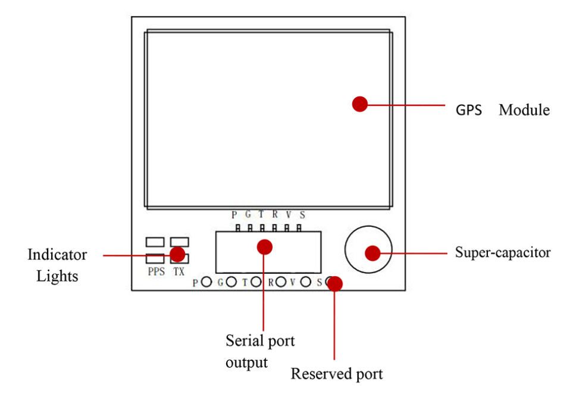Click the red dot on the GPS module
tap(359, 104)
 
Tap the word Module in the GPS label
tap(524, 110)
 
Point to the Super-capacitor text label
tap(503, 252)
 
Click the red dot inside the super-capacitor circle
tap(373, 253)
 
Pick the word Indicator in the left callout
tap(57, 255)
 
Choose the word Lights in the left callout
tap(57, 277)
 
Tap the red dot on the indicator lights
tap(177, 254)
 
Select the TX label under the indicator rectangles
tap(179, 271)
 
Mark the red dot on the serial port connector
tap(265, 246)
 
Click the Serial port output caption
tap(260, 351)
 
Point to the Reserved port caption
tap(336, 375)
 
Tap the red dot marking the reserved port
tap(335, 283)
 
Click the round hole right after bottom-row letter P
tap(206, 282)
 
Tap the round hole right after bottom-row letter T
tap(256, 282)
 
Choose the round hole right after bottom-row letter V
tap(306, 282)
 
